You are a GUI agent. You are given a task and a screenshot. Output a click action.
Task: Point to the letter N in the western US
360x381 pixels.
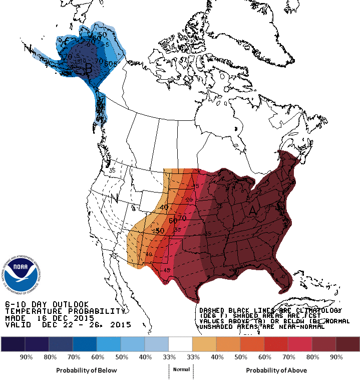[114, 197]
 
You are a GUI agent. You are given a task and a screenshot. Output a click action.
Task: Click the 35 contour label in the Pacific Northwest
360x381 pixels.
[112, 170]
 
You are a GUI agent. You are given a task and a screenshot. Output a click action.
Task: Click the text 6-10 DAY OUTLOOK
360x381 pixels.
[47, 304]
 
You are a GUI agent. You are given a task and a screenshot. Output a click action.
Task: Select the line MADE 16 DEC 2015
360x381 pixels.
[50, 318]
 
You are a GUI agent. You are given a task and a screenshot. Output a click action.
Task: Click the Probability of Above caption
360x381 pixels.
[276, 370]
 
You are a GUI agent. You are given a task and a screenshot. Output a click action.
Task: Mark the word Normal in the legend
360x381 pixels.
[181, 369]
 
